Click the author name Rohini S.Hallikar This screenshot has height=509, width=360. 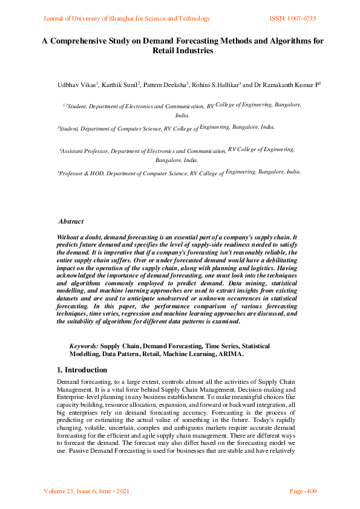pos(216,86)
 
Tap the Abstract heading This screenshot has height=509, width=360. pos(71,222)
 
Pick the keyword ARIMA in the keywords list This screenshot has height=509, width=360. pos(231,354)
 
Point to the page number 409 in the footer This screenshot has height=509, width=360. pos(309,491)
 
